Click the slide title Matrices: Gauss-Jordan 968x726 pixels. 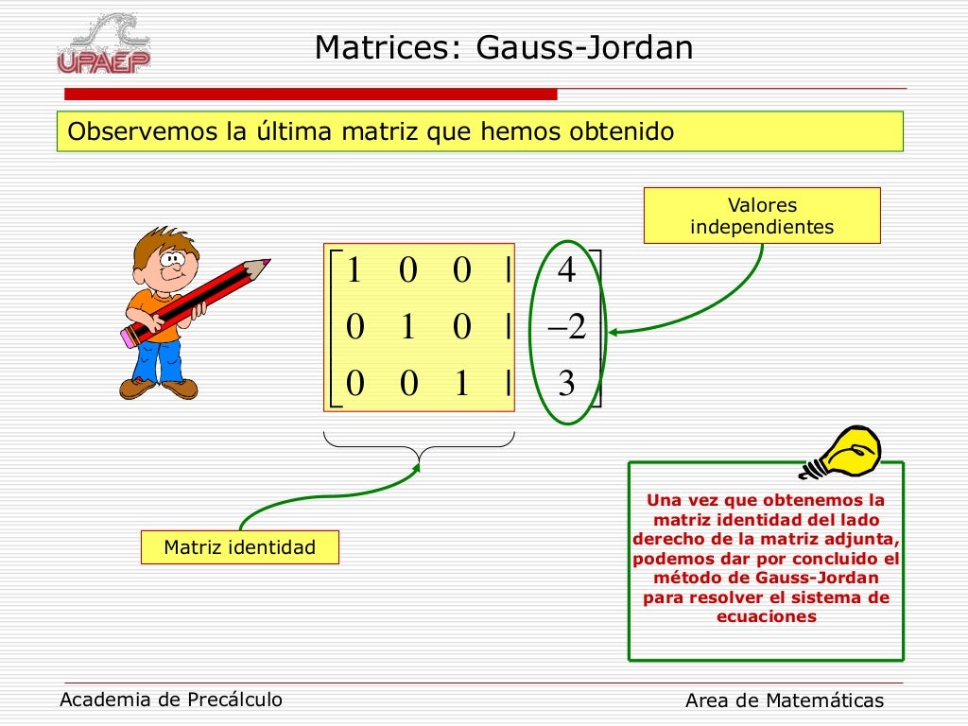tap(504, 47)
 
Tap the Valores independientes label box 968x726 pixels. tap(762, 216)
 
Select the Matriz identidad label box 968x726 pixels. tap(239, 547)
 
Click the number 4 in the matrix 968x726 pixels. tap(566, 271)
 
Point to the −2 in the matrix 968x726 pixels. tap(566, 328)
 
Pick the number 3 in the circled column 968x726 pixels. tap(566, 385)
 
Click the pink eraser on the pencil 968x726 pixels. tap(130, 336)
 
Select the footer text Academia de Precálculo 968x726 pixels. tap(171, 700)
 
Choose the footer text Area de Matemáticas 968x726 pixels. tap(784, 700)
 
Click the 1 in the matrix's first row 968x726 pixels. tap(354, 271)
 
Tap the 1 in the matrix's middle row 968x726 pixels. tap(407, 328)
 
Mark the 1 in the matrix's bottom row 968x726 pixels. tap(461, 385)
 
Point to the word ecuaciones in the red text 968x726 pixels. tap(766, 616)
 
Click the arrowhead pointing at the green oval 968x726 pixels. tap(614, 332)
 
